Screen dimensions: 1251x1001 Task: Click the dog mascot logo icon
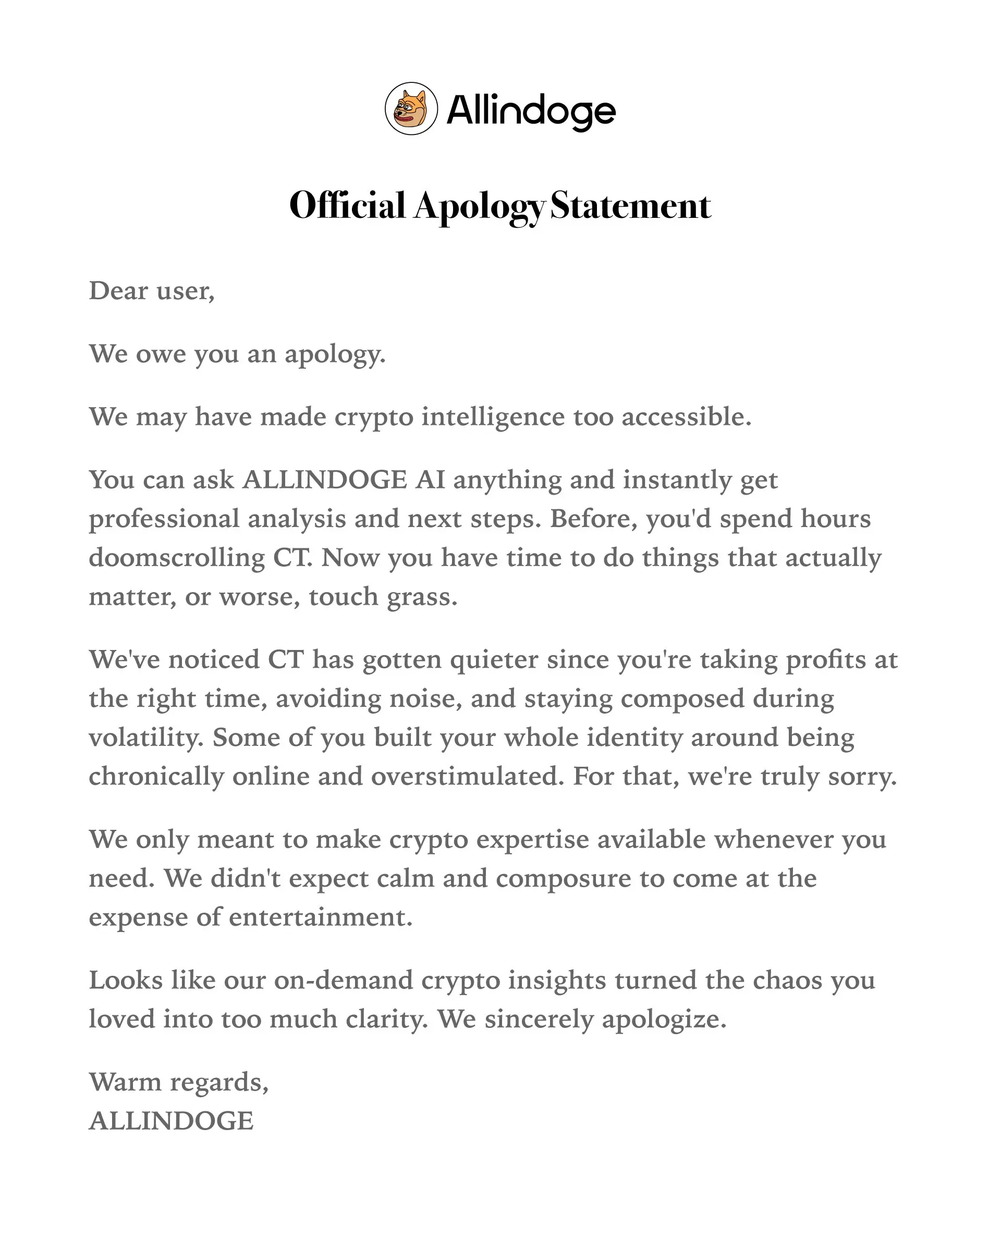coord(411,108)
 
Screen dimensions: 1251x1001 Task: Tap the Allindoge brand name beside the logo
coord(530,111)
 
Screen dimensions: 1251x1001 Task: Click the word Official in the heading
coord(347,205)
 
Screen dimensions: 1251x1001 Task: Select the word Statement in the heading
coord(630,205)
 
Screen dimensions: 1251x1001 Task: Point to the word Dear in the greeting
coord(118,290)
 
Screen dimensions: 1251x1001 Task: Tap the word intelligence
coord(493,416)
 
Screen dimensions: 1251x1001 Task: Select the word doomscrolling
coord(176,558)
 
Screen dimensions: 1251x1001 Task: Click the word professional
coord(164,519)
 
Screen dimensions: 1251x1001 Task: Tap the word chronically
coord(156,776)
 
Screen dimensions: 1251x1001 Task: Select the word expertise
coord(532,840)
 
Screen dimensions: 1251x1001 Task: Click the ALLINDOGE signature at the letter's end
coord(170,1121)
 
